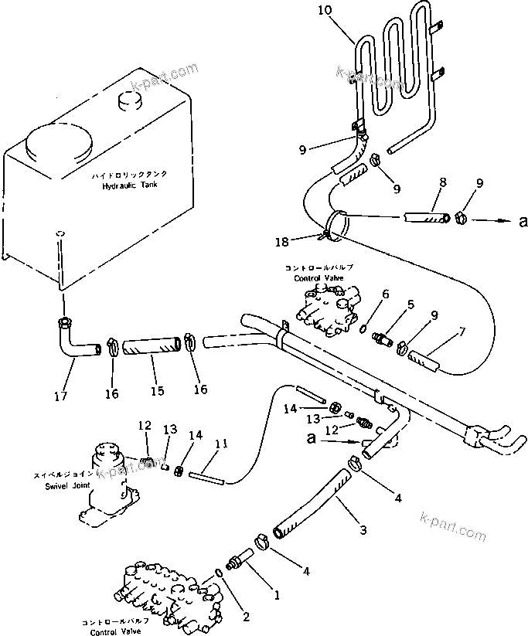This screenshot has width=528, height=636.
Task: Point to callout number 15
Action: tap(157, 391)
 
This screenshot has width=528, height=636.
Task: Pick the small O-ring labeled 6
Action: tap(363, 328)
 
